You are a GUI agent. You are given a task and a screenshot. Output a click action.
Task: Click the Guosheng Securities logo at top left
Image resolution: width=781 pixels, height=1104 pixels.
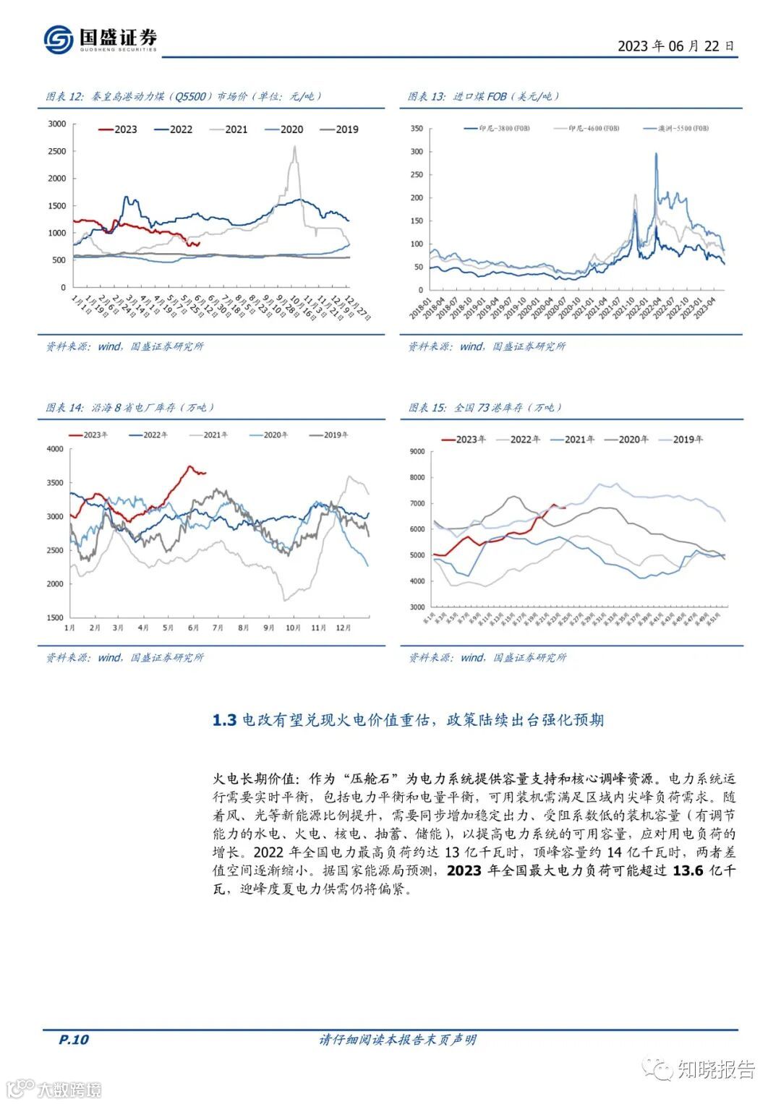99,38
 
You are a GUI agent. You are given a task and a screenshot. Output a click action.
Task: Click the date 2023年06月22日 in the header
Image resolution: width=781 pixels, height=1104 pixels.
675,46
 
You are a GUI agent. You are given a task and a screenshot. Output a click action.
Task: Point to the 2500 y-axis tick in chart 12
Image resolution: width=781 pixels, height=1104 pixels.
56,151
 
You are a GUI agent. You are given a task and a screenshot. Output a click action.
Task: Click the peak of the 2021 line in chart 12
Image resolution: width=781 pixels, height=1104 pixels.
294,147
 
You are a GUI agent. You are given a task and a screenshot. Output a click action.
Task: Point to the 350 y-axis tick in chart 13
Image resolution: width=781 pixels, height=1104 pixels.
417,129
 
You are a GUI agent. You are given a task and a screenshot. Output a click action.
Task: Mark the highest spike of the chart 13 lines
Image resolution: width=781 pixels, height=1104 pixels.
656,153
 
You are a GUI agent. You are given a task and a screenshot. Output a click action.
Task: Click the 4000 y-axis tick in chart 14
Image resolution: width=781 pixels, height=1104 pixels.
55,449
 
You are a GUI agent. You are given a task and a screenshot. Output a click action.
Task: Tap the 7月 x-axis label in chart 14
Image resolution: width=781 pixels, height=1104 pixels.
218,628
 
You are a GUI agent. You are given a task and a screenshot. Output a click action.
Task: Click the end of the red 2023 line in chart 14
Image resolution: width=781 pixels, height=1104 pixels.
205,474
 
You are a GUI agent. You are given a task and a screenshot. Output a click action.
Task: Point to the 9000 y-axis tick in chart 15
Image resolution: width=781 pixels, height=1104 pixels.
417,452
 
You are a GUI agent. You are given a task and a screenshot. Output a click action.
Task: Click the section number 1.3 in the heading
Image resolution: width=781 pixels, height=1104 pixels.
224,720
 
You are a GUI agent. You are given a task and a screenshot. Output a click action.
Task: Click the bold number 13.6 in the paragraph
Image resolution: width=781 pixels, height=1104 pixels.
687,870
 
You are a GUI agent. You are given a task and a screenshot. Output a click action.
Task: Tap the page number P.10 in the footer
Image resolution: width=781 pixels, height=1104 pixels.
73,1040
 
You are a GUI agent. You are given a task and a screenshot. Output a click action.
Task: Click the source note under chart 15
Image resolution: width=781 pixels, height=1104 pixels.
487,657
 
